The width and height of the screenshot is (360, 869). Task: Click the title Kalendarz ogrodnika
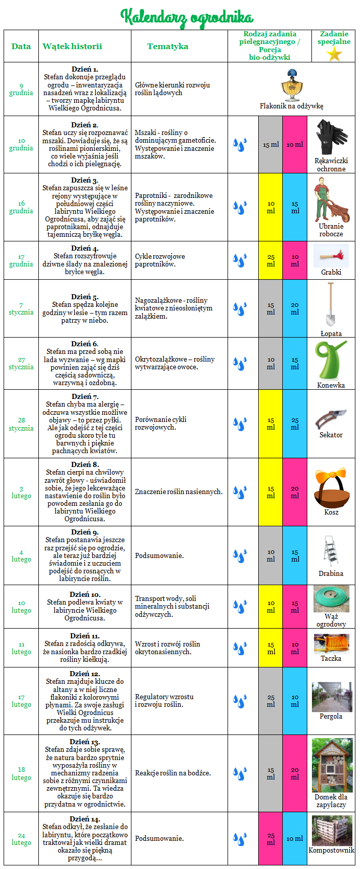click(187, 17)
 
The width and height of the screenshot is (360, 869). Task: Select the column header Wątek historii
click(72, 46)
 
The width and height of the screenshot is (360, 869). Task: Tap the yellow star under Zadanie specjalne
click(334, 54)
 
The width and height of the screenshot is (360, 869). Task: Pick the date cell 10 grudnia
click(21, 144)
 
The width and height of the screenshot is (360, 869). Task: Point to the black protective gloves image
click(331, 137)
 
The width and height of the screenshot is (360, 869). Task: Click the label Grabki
click(331, 272)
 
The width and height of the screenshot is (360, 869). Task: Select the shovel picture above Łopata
click(330, 304)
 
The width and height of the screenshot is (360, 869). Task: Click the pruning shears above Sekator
click(330, 418)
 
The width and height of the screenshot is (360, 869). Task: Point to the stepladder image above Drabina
click(330, 551)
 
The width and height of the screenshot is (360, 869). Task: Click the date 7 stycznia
click(21, 309)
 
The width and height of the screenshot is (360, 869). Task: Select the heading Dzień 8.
click(85, 464)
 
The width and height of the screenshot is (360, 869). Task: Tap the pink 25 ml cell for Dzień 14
click(271, 839)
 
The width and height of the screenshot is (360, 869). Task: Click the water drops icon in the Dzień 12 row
click(240, 700)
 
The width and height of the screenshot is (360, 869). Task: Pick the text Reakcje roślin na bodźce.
click(173, 773)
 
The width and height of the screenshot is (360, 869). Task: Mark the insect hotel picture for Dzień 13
click(331, 765)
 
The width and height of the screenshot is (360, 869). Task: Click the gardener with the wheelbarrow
click(331, 200)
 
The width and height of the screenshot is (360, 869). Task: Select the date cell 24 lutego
click(21, 839)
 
